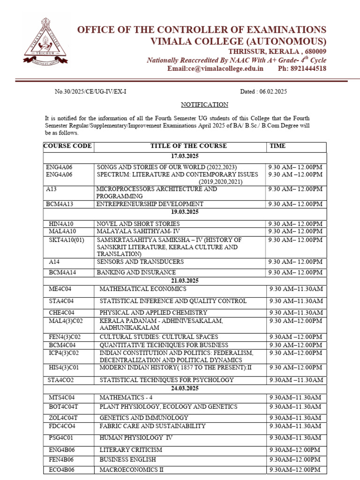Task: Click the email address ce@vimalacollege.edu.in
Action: coord(216,68)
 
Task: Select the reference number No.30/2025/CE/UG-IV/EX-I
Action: coord(90,92)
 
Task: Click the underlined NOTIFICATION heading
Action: coord(205,105)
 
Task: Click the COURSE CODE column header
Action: coord(68,146)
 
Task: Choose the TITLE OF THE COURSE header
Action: coord(188,146)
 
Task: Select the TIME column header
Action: coord(277,146)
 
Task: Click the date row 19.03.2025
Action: coord(185,212)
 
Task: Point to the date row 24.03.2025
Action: coord(185,389)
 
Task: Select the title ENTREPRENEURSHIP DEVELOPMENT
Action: coord(150,204)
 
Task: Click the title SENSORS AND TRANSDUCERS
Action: coord(140,262)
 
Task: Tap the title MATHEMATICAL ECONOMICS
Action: coord(143,289)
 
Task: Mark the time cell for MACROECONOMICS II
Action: coord(294,470)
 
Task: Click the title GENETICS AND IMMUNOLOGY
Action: coord(144,418)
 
